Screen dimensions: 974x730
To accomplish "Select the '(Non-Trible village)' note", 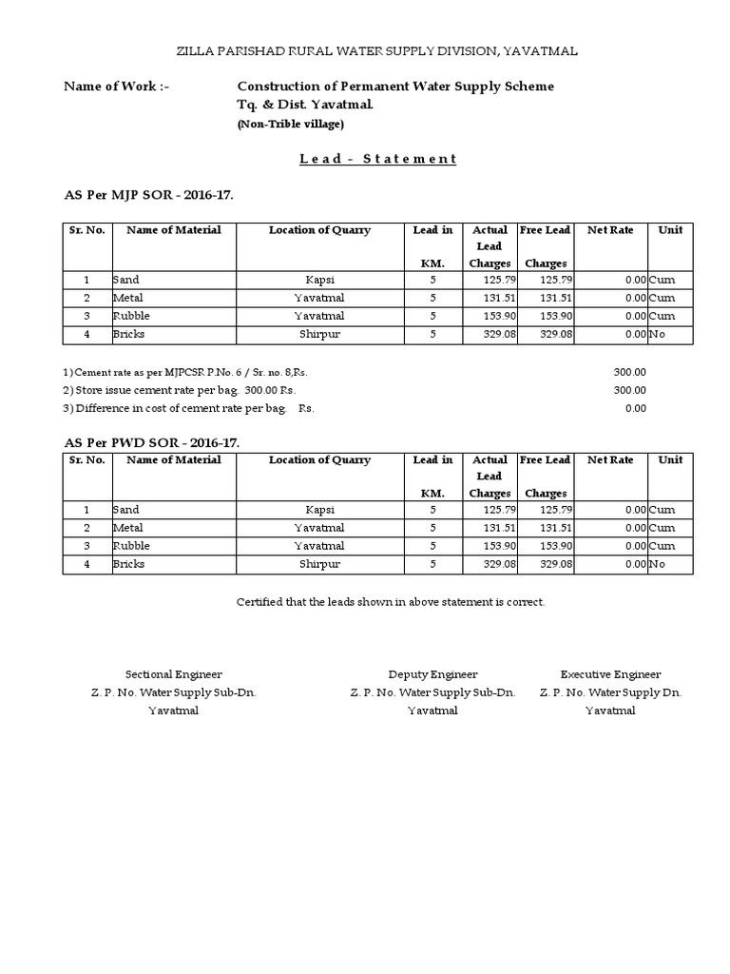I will [290, 124].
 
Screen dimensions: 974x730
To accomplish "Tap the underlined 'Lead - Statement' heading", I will [378, 159].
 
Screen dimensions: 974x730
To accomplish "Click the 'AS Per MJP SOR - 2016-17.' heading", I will [147, 195].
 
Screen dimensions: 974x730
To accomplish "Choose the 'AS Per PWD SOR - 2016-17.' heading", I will [151, 443].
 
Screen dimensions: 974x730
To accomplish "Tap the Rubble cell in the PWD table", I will [131, 546].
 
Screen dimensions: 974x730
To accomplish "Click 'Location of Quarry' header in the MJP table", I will [319, 230].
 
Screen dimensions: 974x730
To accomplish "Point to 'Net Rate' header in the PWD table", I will [610, 460].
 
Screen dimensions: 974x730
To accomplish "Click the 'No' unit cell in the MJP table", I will [657, 335].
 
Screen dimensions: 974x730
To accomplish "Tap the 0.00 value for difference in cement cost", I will [635, 408].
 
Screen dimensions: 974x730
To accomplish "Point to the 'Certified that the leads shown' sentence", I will [390, 602].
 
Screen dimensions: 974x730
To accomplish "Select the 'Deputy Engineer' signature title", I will [432, 674].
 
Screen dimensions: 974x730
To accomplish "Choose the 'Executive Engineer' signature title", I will [610, 674].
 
